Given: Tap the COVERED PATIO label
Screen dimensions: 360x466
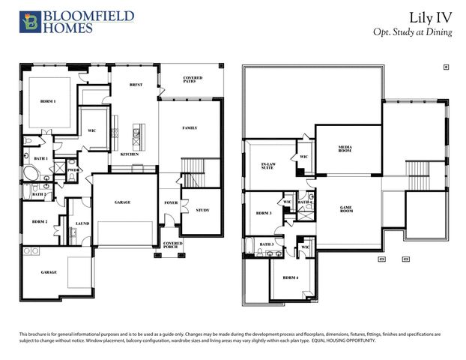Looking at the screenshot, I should tap(193, 80).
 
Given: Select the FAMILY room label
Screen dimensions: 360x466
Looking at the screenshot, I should tap(190, 128).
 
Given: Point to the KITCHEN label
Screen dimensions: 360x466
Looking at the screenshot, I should tap(130, 154).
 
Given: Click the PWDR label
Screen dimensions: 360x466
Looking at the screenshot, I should tap(73, 170).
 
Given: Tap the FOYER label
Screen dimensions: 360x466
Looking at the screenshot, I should tap(171, 203).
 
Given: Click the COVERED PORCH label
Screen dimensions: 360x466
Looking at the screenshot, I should tap(173, 245).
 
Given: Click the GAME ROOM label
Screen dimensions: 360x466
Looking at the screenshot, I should tap(347, 211).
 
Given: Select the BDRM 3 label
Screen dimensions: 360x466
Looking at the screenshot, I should tap(264, 212).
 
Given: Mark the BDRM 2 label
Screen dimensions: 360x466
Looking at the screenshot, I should tap(40, 222).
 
